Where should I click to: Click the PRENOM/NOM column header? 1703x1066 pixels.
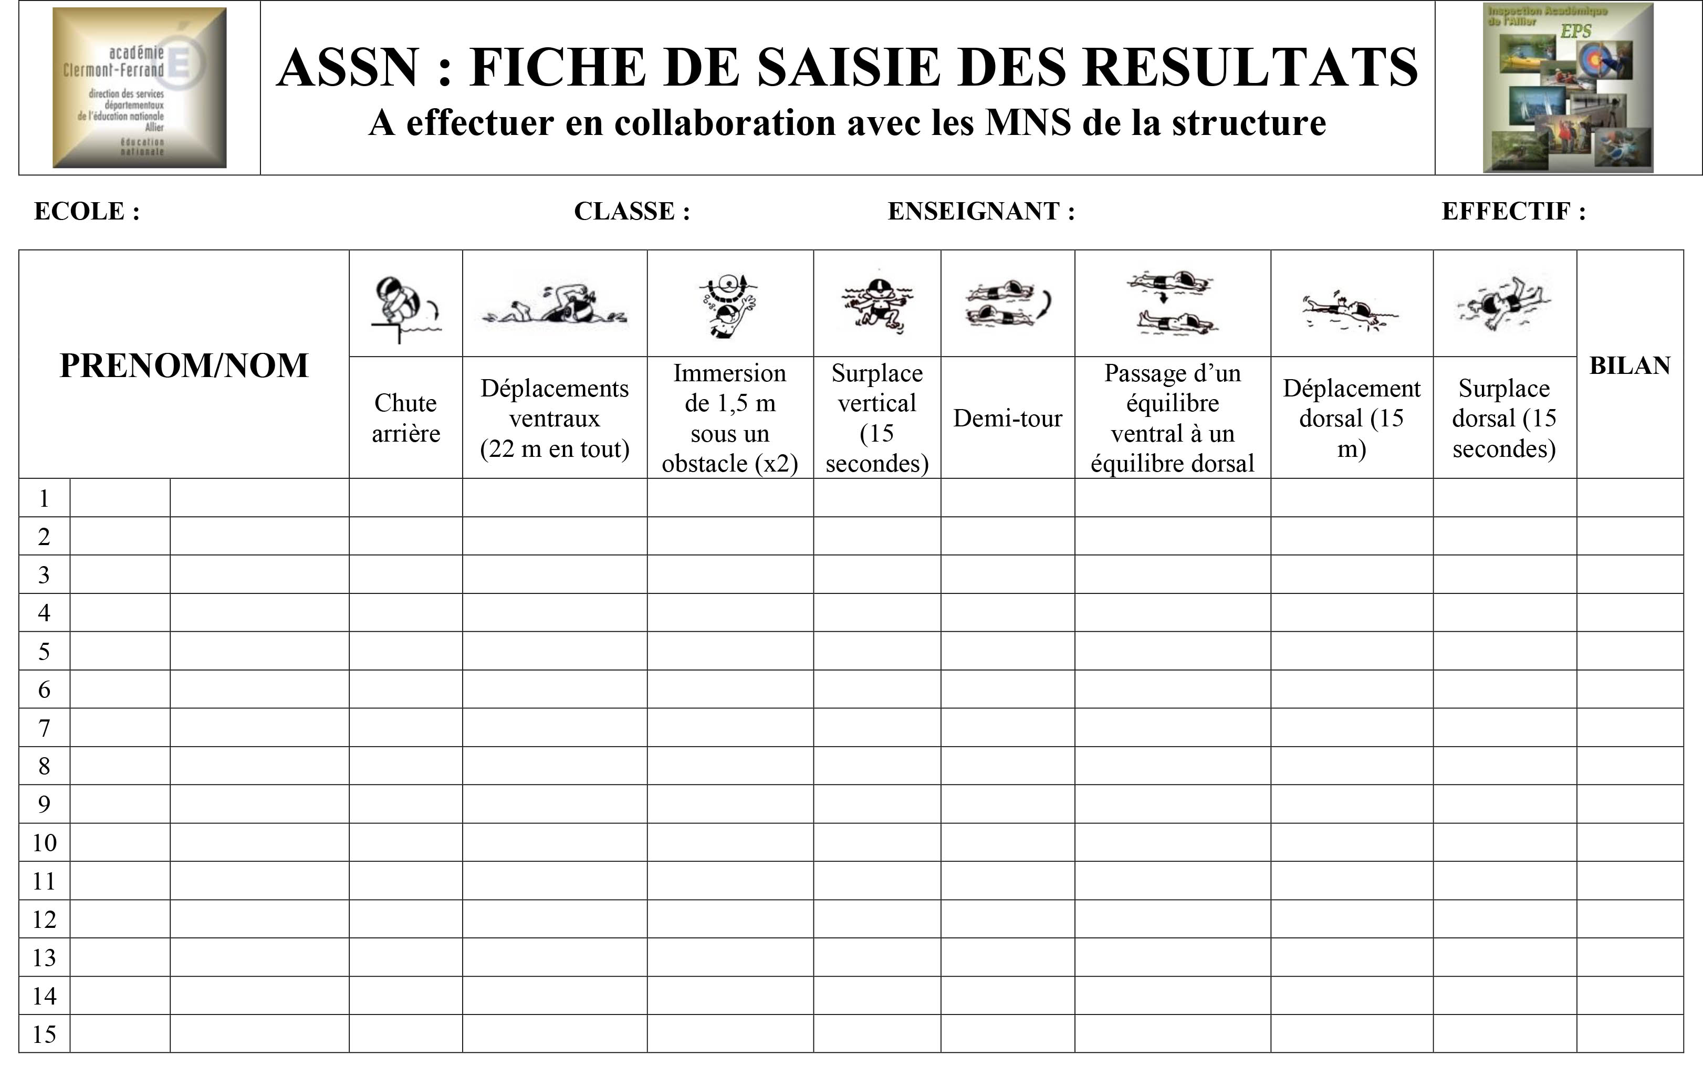184,365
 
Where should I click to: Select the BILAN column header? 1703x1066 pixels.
1629,365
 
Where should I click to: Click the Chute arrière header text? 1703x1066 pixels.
405,418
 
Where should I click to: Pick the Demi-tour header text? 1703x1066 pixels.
1007,418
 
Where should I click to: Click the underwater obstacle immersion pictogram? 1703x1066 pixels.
729,305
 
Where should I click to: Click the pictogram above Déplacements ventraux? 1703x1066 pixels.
554,305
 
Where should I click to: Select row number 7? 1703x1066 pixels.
44,728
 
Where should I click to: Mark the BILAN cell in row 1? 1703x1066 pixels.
1629,498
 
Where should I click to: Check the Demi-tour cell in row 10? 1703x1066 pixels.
1007,842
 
